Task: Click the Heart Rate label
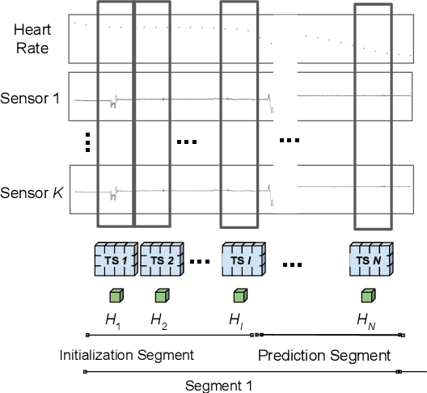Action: point(33,38)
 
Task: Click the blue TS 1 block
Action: point(116,260)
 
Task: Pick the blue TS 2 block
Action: point(163,260)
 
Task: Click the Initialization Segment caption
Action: point(127,355)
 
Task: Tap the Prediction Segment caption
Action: point(324,355)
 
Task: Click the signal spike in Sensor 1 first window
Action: point(115,102)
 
